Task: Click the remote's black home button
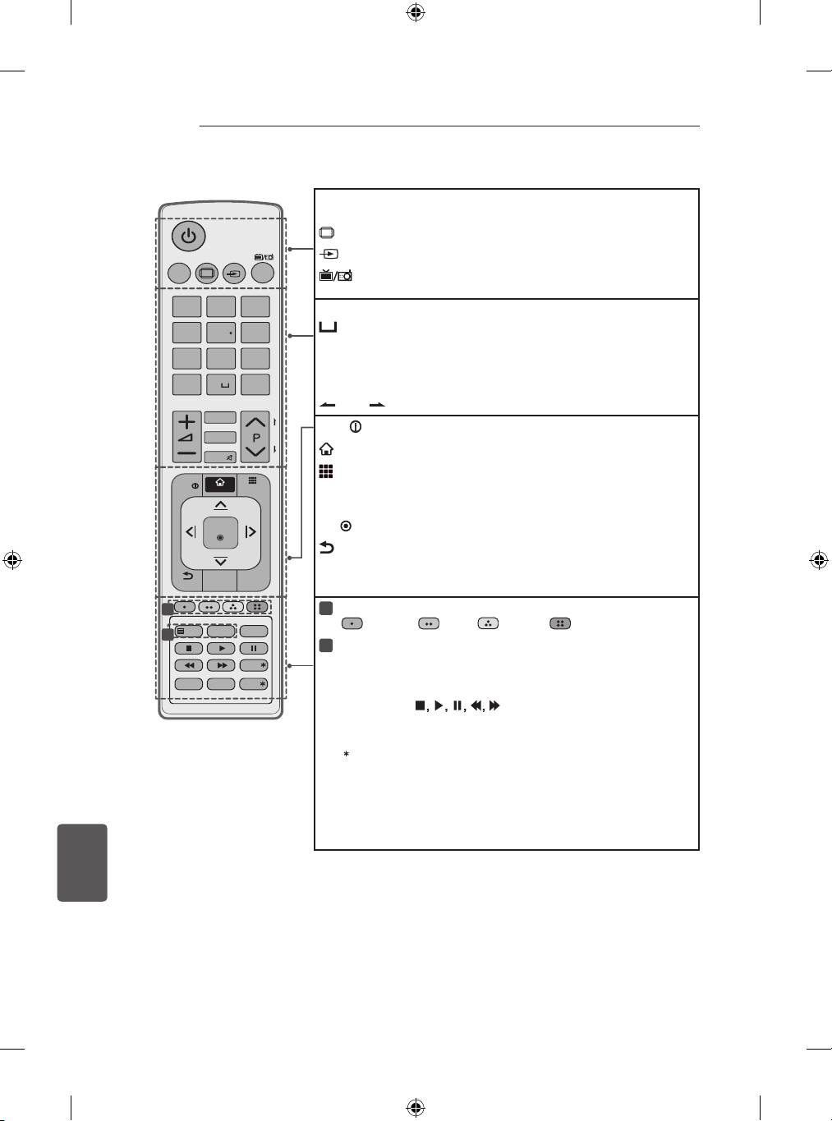pyautogui.click(x=220, y=484)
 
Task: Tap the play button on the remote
pyautogui.click(x=221, y=649)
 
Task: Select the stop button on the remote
pyautogui.click(x=188, y=649)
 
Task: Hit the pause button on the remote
pyautogui.click(x=254, y=649)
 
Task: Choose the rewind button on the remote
pyautogui.click(x=188, y=665)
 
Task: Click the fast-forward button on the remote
pyautogui.click(x=221, y=665)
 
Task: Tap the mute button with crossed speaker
pyautogui.click(x=220, y=457)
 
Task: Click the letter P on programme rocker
pyautogui.click(x=255, y=439)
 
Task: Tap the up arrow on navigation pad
pyautogui.click(x=220, y=505)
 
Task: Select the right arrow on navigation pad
pyautogui.click(x=251, y=532)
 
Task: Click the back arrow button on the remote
pyautogui.click(x=187, y=576)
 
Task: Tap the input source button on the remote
pyautogui.click(x=234, y=273)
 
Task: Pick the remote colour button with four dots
pyautogui.click(x=257, y=607)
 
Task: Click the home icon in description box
pyautogui.click(x=326, y=449)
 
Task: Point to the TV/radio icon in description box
pyautogui.click(x=335, y=275)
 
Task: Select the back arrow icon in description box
pyautogui.click(x=326, y=548)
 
